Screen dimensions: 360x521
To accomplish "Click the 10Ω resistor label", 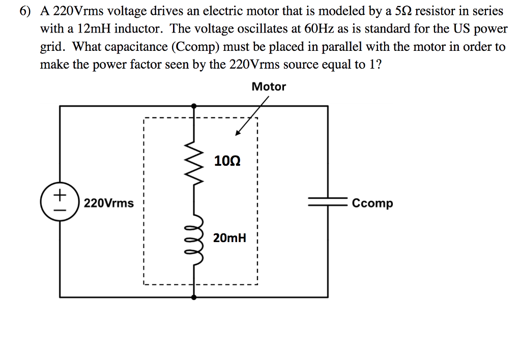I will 227,162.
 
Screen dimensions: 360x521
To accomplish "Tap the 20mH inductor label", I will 230,237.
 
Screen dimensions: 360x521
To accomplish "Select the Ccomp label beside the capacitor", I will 372,203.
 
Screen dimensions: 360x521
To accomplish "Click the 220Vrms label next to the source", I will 109,203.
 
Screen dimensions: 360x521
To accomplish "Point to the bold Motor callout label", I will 269,87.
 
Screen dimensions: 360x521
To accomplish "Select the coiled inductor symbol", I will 194,239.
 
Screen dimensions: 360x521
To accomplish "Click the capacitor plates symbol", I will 327,202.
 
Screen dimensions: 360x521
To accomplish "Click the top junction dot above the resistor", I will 193,106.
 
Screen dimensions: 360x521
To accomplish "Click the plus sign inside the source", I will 60,195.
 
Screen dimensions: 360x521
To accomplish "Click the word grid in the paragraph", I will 52,47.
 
